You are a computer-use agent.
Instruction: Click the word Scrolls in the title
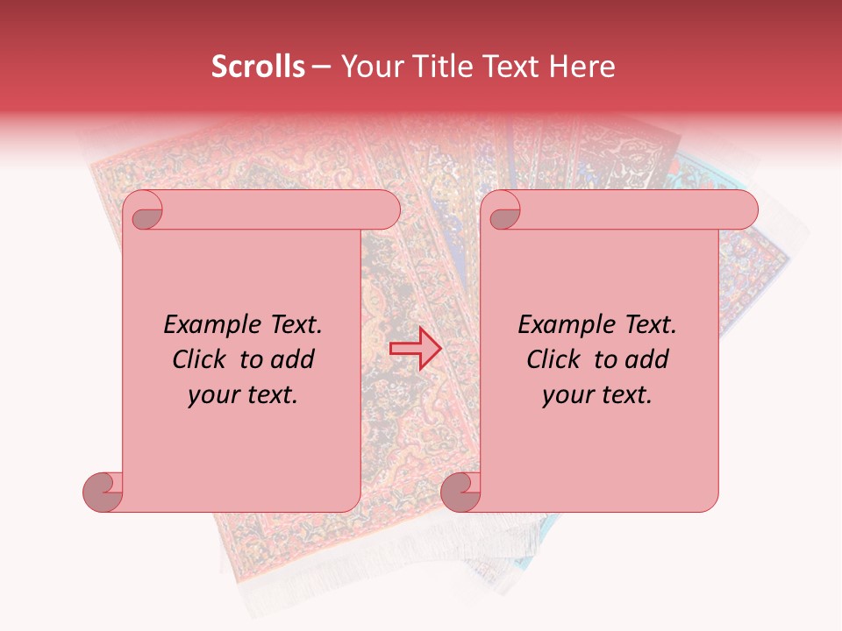(259, 67)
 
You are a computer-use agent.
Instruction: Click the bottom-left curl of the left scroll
(103, 492)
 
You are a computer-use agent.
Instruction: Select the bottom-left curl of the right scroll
(460, 492)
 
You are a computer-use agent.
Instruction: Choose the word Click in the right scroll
(553, 359)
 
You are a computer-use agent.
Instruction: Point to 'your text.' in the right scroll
(597, 394)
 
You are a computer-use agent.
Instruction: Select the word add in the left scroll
(292, 359)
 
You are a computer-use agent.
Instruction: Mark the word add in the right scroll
(646, 359)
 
